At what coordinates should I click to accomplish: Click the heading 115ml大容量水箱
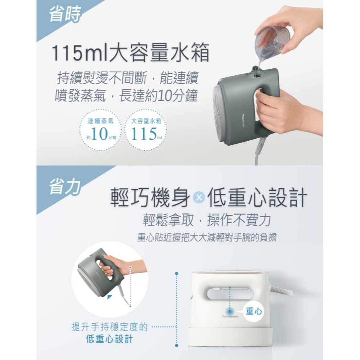coord(131,54)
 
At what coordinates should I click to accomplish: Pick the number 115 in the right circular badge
coord(143,135)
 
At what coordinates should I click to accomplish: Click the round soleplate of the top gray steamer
coord(223,108)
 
